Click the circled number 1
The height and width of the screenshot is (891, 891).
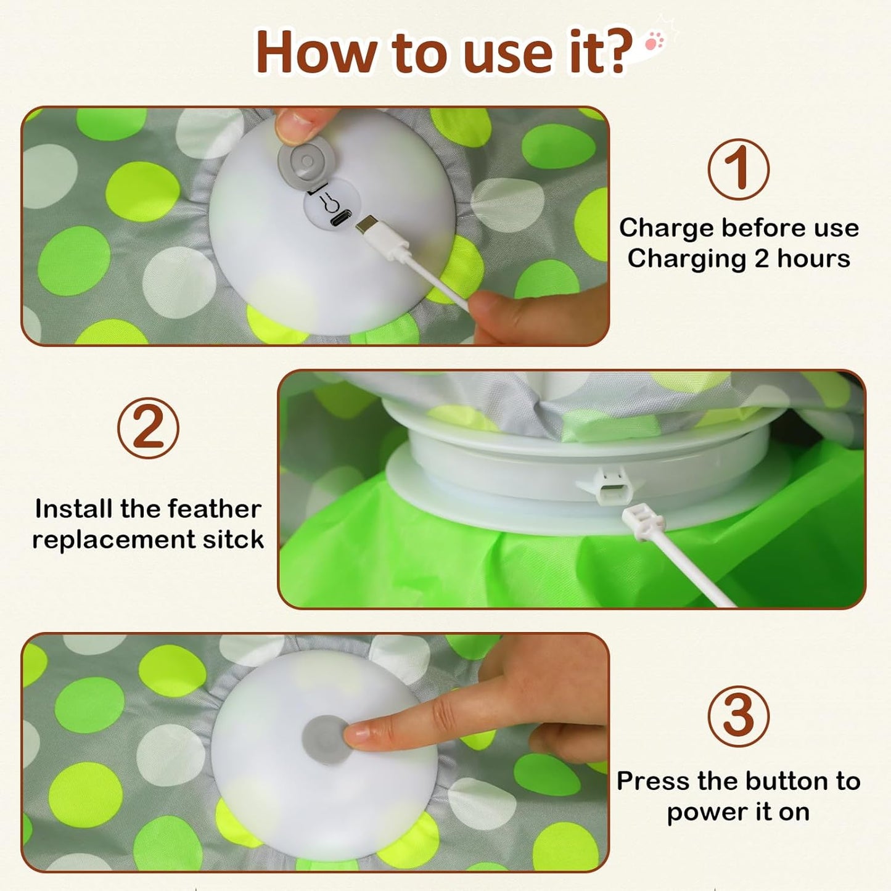pos(738,170)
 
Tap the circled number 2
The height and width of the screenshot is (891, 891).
pos(148,428)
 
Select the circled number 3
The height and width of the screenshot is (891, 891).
pos(738,716)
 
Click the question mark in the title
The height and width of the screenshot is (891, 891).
pos(615,52)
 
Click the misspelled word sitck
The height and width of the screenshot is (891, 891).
pos(232,540)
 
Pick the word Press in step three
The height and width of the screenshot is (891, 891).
pos(653,781)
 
